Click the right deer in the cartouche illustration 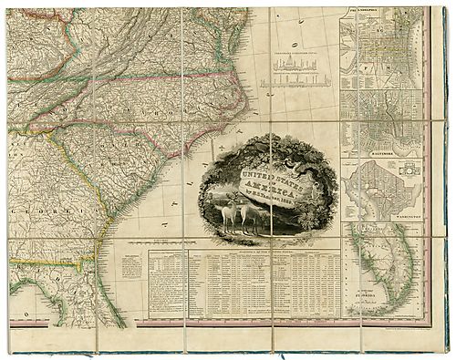point(248,217)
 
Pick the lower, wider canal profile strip point(294,82)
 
